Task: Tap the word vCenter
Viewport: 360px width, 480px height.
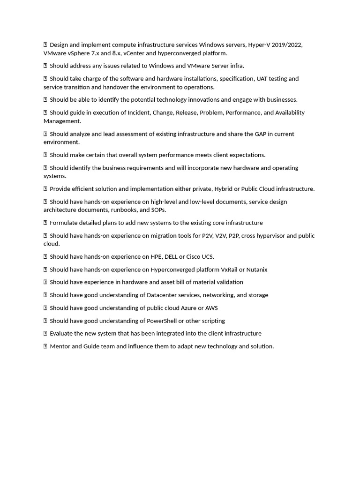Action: [134, 53]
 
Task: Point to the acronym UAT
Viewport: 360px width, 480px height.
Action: [262, 79]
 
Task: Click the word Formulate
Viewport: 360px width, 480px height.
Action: [65, 223]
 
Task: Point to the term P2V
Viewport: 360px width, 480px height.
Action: [207, 236]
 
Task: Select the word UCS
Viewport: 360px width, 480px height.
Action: [207, 257]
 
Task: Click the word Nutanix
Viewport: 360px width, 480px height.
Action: [256, 270]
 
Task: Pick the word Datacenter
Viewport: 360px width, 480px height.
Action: [163, 295]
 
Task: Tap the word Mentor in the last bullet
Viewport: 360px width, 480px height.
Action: [60, 346]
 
